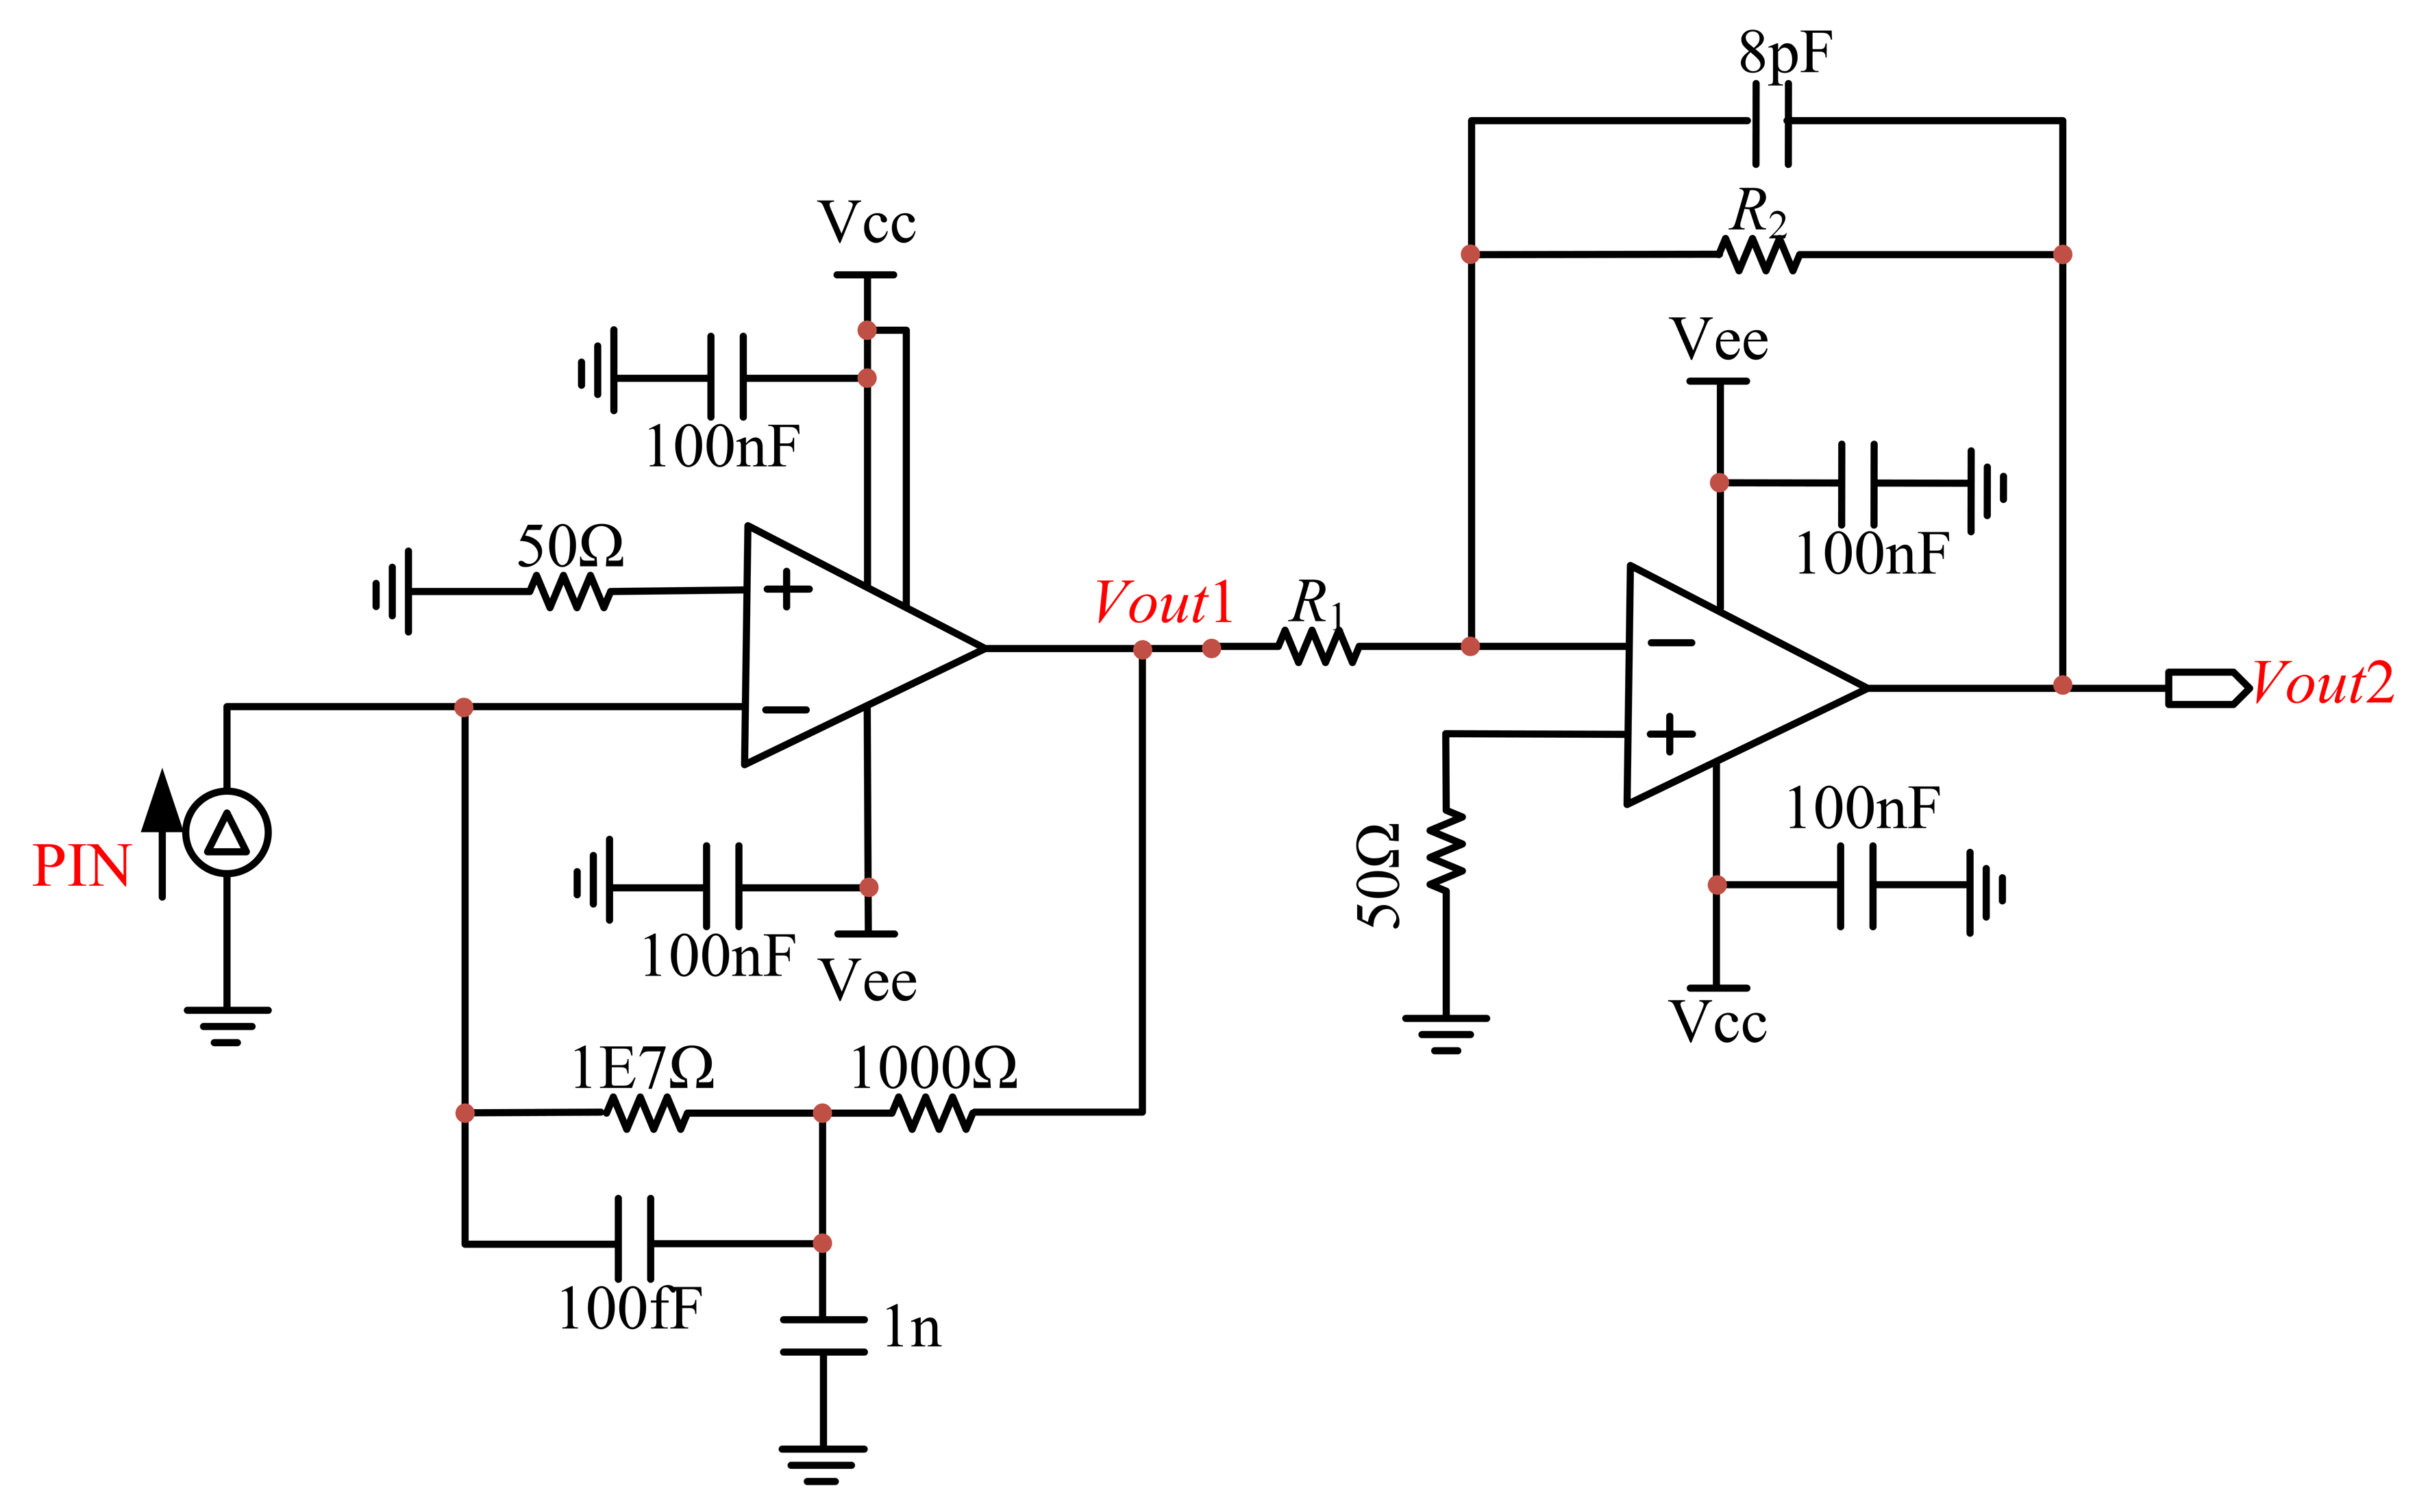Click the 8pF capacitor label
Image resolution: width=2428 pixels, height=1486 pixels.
click(1785, 54)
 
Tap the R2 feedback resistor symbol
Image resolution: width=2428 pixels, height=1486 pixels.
click(1759, 254)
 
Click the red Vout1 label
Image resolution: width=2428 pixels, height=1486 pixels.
click(1164, 602)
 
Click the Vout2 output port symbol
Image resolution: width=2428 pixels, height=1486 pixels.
click(2208, 688)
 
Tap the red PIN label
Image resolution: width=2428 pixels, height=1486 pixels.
click(82, 866)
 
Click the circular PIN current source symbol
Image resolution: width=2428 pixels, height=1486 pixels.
click(227, 832)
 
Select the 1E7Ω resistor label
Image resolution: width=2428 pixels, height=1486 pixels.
click(643, 1067)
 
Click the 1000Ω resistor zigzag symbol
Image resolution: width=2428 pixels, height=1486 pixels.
click(933, 1113)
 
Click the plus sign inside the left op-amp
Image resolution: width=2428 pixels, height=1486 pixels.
click(787, 589)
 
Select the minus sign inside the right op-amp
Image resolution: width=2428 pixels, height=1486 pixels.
click(1671, 643)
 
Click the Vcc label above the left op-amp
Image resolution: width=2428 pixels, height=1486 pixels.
click(867, 222)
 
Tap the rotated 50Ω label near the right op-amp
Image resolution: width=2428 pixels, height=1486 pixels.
click(1378, 875)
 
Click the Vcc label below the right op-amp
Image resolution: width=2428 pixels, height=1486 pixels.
click(1718, 1022)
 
